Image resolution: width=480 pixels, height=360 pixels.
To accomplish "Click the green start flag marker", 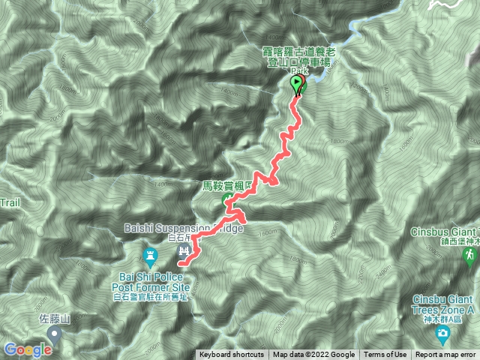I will click(297, 84).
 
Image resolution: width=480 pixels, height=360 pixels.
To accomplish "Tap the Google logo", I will click(28, 349).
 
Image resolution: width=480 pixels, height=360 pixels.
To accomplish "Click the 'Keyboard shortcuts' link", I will click(232, 355).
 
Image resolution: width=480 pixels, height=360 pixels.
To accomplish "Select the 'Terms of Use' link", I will click(385, 355).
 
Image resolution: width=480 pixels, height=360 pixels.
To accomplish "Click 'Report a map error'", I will click(445, 355).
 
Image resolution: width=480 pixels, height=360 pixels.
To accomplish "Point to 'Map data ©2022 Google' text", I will click(313, 355).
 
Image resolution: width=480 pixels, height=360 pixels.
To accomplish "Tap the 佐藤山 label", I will click(54, 319).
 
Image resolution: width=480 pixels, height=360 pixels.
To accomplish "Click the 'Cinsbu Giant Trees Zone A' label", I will click(444, 304).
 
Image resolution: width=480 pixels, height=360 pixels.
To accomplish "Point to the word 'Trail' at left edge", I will click(9, 203).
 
